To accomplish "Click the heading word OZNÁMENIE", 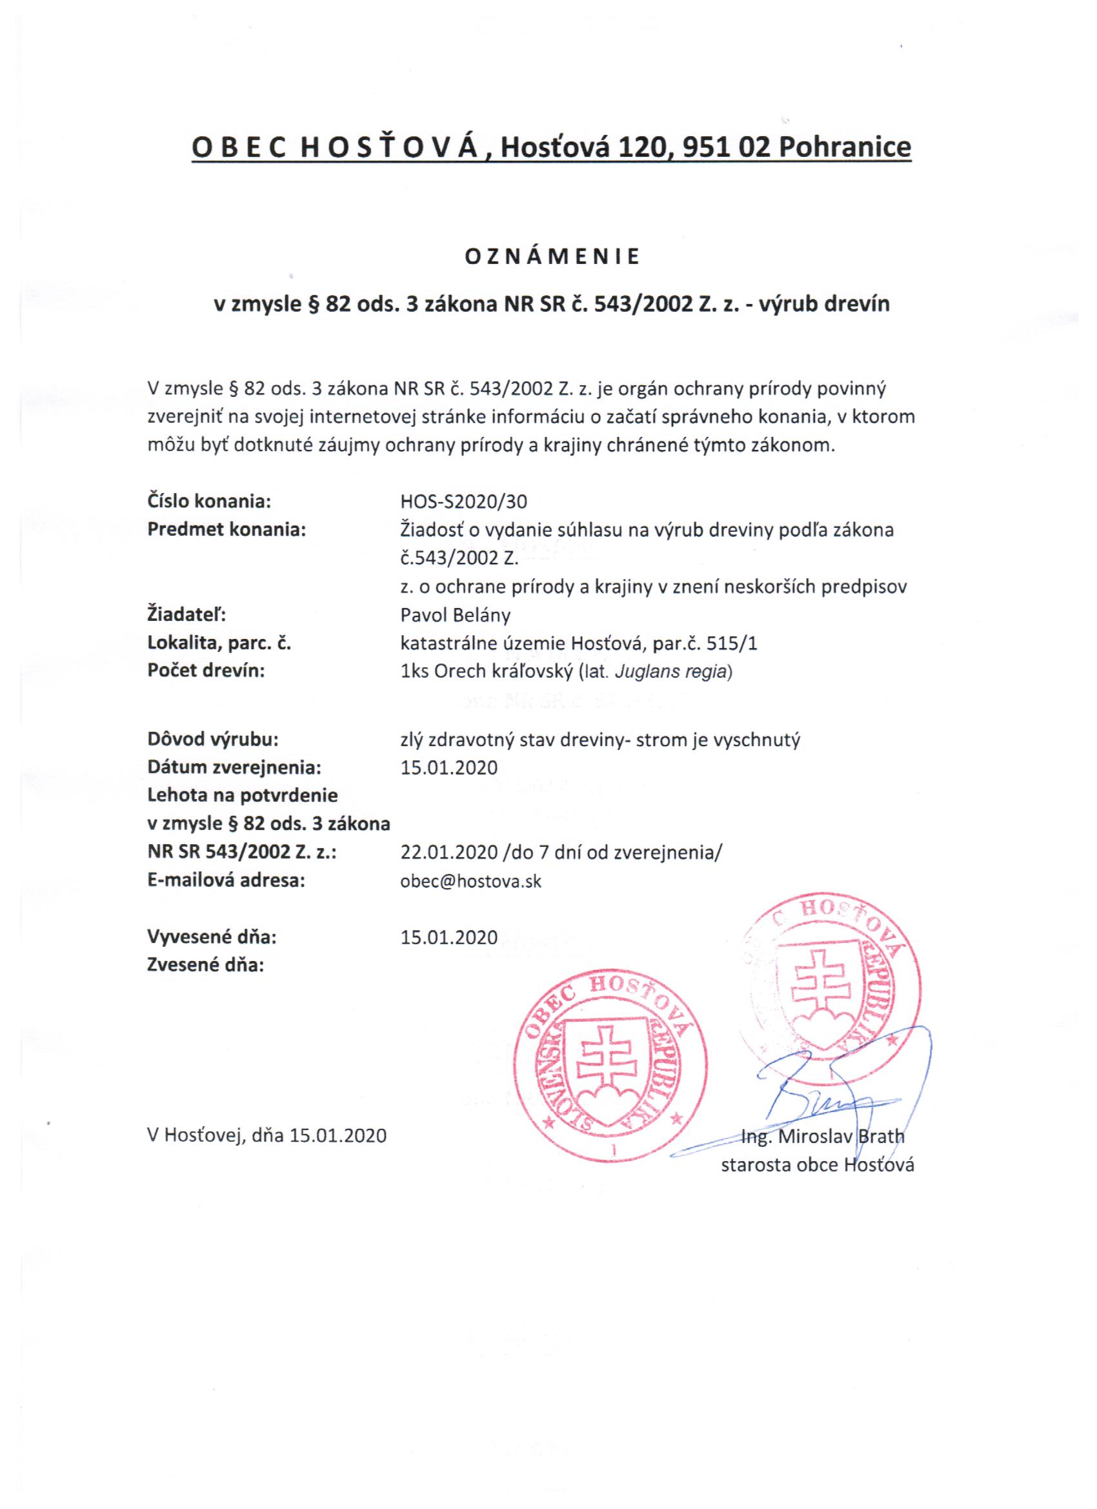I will tap(552, 258).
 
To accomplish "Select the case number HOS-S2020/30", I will tap(465, 502).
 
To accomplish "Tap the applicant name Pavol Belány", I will tap(456, 615).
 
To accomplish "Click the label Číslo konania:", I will tap(208, 502).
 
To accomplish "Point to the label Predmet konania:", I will tap(226, 531).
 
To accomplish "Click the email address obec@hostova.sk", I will tap(470, 882).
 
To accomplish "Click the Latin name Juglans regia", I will tap(671, 671).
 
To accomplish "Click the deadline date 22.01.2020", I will tap(449, 853).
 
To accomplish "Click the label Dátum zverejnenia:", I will tap(234, 768).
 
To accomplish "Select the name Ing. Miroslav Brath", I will tap(823, 1137).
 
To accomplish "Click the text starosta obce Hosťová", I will tap(818, 1164).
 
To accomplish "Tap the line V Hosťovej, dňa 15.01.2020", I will tap(266, 1135).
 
